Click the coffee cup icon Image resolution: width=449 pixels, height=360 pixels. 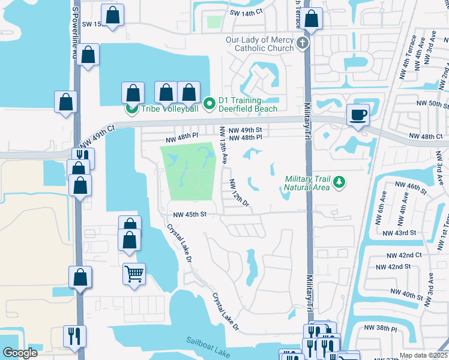[358, 115]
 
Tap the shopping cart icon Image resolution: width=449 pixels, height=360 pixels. [134, 274]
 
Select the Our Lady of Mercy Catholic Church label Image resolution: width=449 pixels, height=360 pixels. [260, 44]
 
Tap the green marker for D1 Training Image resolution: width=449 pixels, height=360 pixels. [209, 104]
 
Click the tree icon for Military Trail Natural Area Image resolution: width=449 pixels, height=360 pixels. [339, 182]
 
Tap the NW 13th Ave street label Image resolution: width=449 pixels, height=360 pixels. [223, 145]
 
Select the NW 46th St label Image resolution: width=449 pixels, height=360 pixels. [411, 188]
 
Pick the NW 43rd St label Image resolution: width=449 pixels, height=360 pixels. [399, 232]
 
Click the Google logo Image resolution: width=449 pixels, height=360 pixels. [20, 353]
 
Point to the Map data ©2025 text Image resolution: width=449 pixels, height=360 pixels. [423, 355]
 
